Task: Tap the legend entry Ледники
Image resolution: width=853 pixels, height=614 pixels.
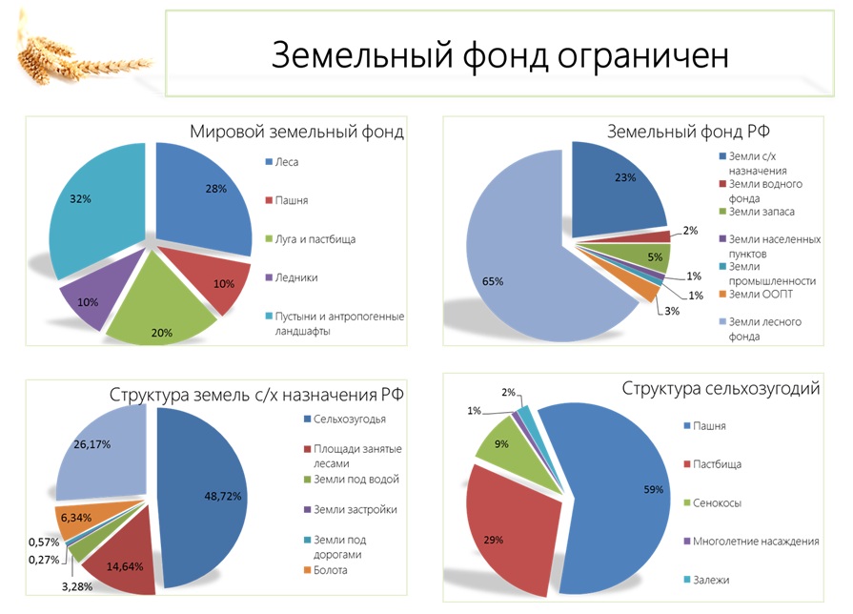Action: tap(296, 277)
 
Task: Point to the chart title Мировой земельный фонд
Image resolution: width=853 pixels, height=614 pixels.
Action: tap(295, 133)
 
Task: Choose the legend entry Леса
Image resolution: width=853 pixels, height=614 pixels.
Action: tap(286, 162)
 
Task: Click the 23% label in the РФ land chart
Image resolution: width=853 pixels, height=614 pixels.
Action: tap(624, 176)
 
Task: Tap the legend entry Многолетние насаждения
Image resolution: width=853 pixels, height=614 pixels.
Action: tap(759, 541)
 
